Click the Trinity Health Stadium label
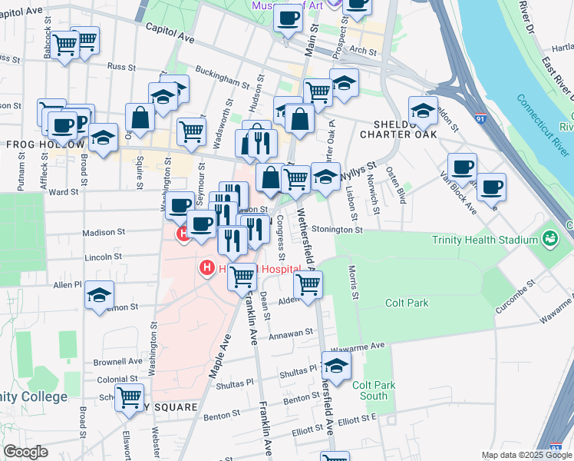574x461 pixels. (x=474, y=240)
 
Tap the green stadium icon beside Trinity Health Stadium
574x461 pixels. (x=550, y=239)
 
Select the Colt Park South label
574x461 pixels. (x=374, y=390)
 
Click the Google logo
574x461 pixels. (x=25, y=452)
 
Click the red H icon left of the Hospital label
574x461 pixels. (x=206, y=267)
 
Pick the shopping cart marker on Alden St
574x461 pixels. (x=308, y=284)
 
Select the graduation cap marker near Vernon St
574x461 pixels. (x=99, y=296)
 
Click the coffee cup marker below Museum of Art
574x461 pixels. (x=289, y=18)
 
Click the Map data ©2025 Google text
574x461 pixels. (x=526, y=455)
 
